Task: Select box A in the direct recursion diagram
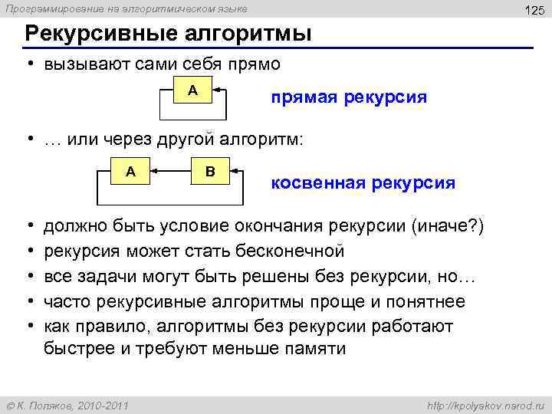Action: [192, 90]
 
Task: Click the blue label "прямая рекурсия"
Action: [348, 97]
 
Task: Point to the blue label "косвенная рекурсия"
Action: [363, 183]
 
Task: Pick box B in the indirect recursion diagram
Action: [210, 171]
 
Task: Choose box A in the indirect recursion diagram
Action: [130, 171]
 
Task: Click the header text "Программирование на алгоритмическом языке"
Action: [127, 8]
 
